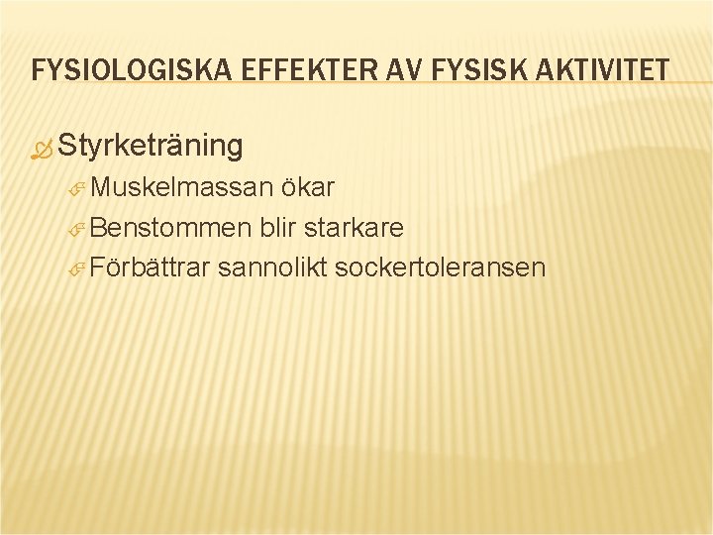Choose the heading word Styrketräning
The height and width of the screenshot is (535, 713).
point(150,147)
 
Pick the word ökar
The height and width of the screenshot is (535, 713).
point(307,188)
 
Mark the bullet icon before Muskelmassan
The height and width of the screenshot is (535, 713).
point(79,190)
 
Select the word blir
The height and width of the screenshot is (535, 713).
point(279,228)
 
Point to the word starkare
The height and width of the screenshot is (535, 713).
point(354,228)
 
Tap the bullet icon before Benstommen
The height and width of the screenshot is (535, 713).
point(79,230)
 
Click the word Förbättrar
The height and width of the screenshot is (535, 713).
point(151,267)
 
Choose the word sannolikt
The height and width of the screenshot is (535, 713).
point(272,267)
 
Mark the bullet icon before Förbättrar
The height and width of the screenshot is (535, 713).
point(79,269)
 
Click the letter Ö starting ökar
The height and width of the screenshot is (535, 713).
point(287,188)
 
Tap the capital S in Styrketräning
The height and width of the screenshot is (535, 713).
point(67,146)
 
